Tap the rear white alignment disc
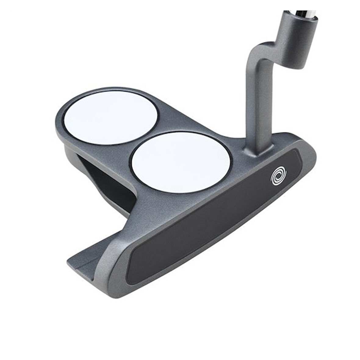click(x=111, y=117)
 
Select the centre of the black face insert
click(x=214, y=220)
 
